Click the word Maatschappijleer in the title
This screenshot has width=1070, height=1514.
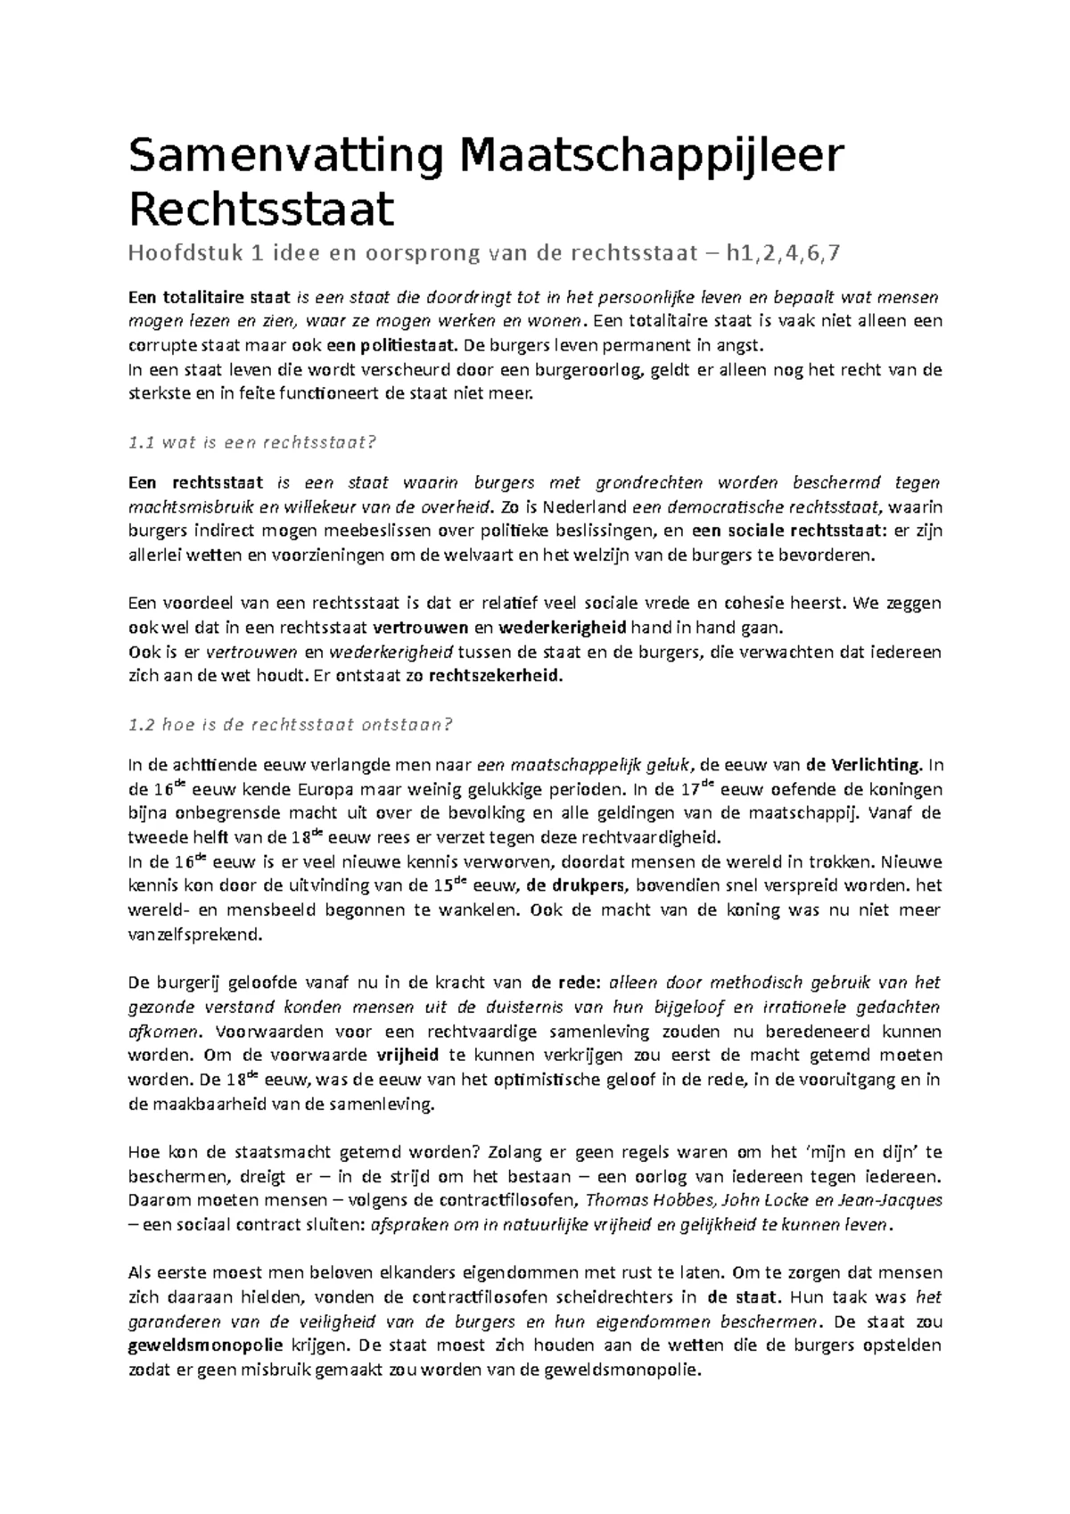click(650, 157)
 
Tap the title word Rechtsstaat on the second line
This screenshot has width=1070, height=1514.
click(261, 210)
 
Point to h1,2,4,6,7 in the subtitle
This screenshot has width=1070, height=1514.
click(782, 254)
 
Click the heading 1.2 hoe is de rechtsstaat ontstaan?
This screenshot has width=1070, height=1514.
click(291, 724)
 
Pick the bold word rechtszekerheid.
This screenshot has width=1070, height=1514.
click(497, 676)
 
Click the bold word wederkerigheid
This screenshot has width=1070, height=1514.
click(563, 627)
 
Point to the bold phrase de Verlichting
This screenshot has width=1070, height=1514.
click(863, 765)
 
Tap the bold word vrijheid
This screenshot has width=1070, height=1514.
click(408, 1056)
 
